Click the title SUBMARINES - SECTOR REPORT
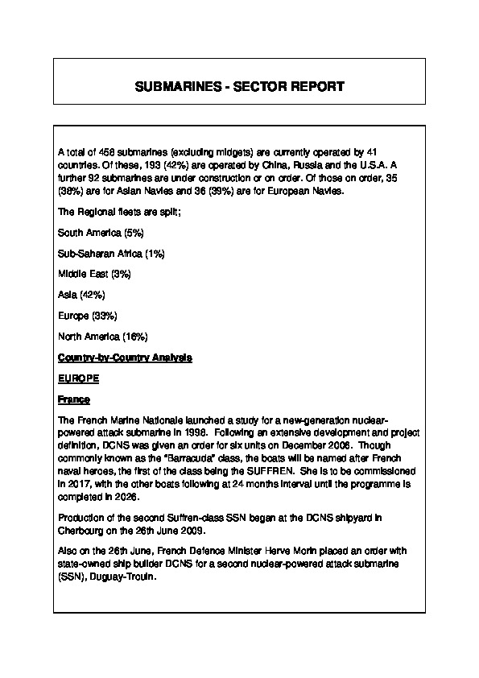240,86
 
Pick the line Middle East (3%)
94,274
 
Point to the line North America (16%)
102,336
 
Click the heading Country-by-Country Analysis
125,356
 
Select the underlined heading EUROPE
77,377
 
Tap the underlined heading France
73,399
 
